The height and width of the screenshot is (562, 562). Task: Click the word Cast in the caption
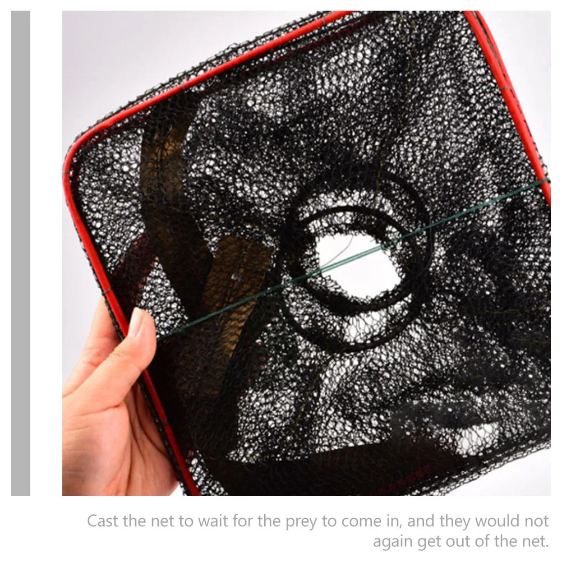click(103, 521)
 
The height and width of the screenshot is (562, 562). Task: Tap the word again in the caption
click(393, 542)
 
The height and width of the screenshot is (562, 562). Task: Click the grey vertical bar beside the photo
click(21, 252)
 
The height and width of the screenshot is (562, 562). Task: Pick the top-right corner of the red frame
click(471, 14)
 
